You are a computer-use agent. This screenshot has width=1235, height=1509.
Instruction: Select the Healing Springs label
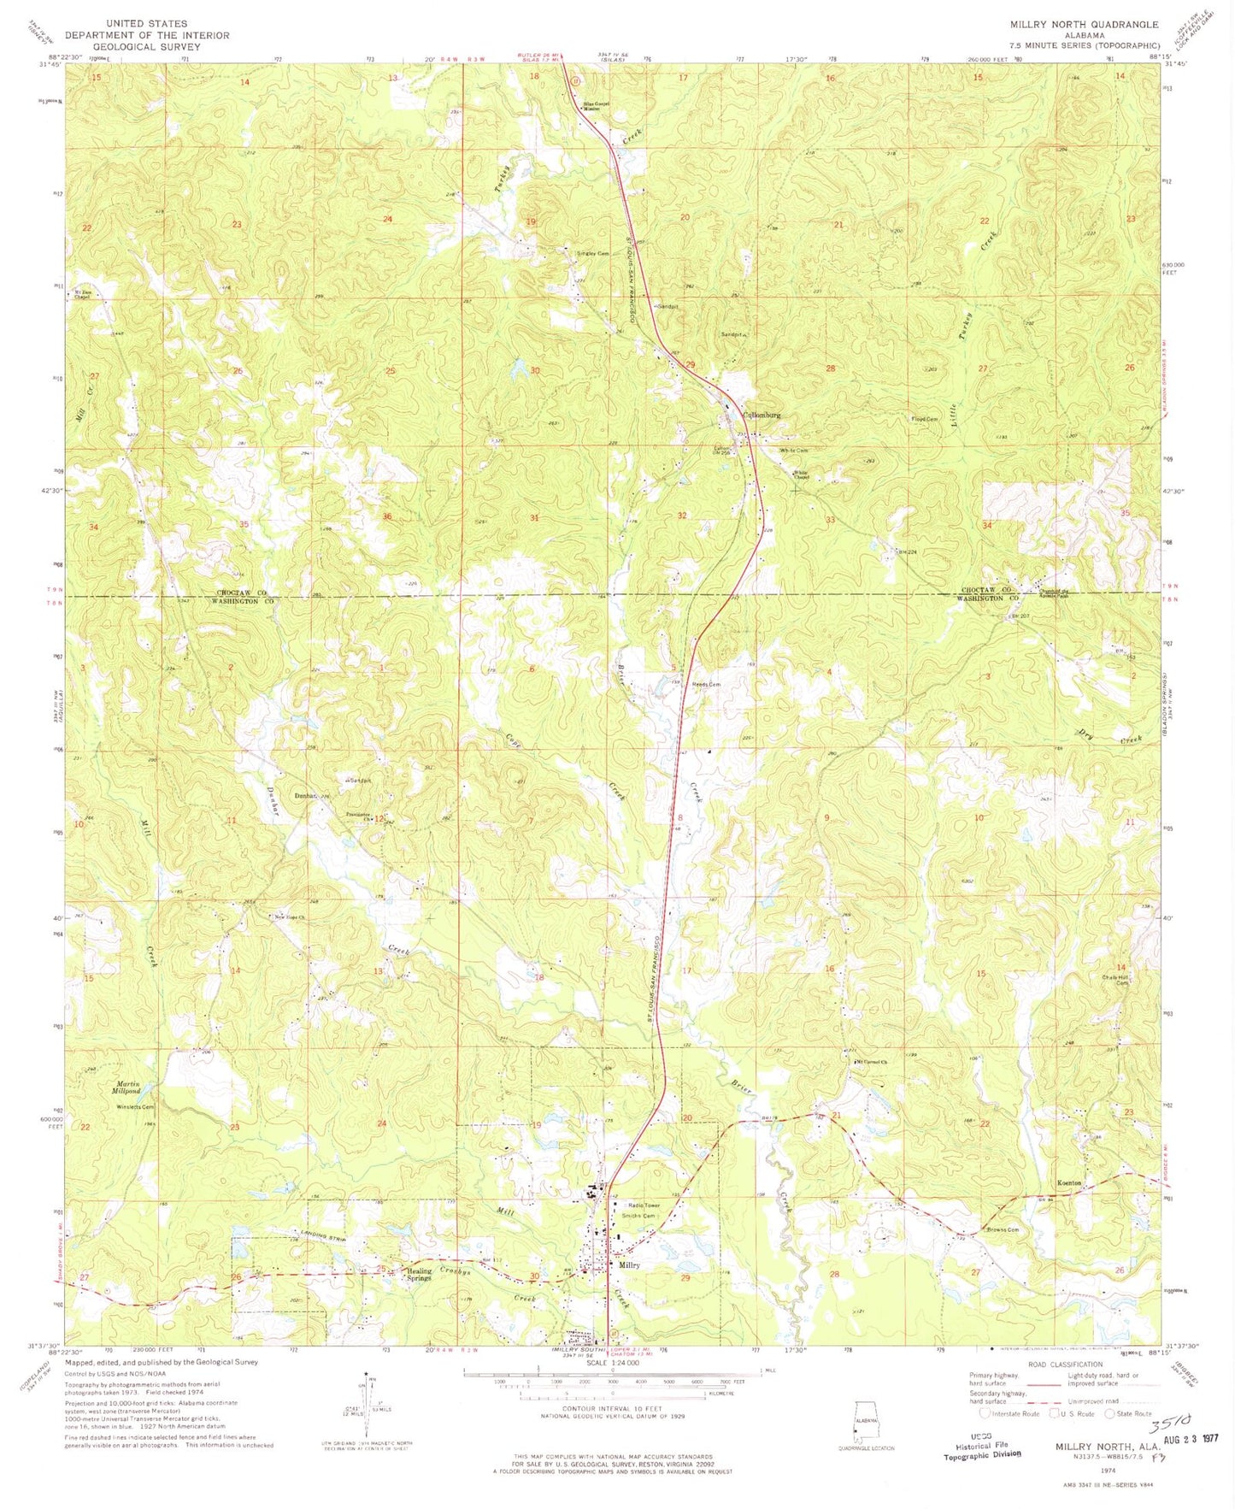(x=418, y=1275)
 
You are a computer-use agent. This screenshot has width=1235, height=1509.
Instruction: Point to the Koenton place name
(x=1069, y=1182)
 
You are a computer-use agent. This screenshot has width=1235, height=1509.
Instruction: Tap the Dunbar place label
(x=306, y=796)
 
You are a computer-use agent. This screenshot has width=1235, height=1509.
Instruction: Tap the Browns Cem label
(x=1003, y=1230)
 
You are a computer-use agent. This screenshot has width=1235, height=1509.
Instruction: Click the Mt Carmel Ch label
(x=872, y=1063)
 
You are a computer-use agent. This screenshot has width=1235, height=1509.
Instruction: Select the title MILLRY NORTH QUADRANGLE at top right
(x=1084, y=25)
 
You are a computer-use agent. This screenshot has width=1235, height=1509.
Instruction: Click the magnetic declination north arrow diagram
(x=368, y=1402)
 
